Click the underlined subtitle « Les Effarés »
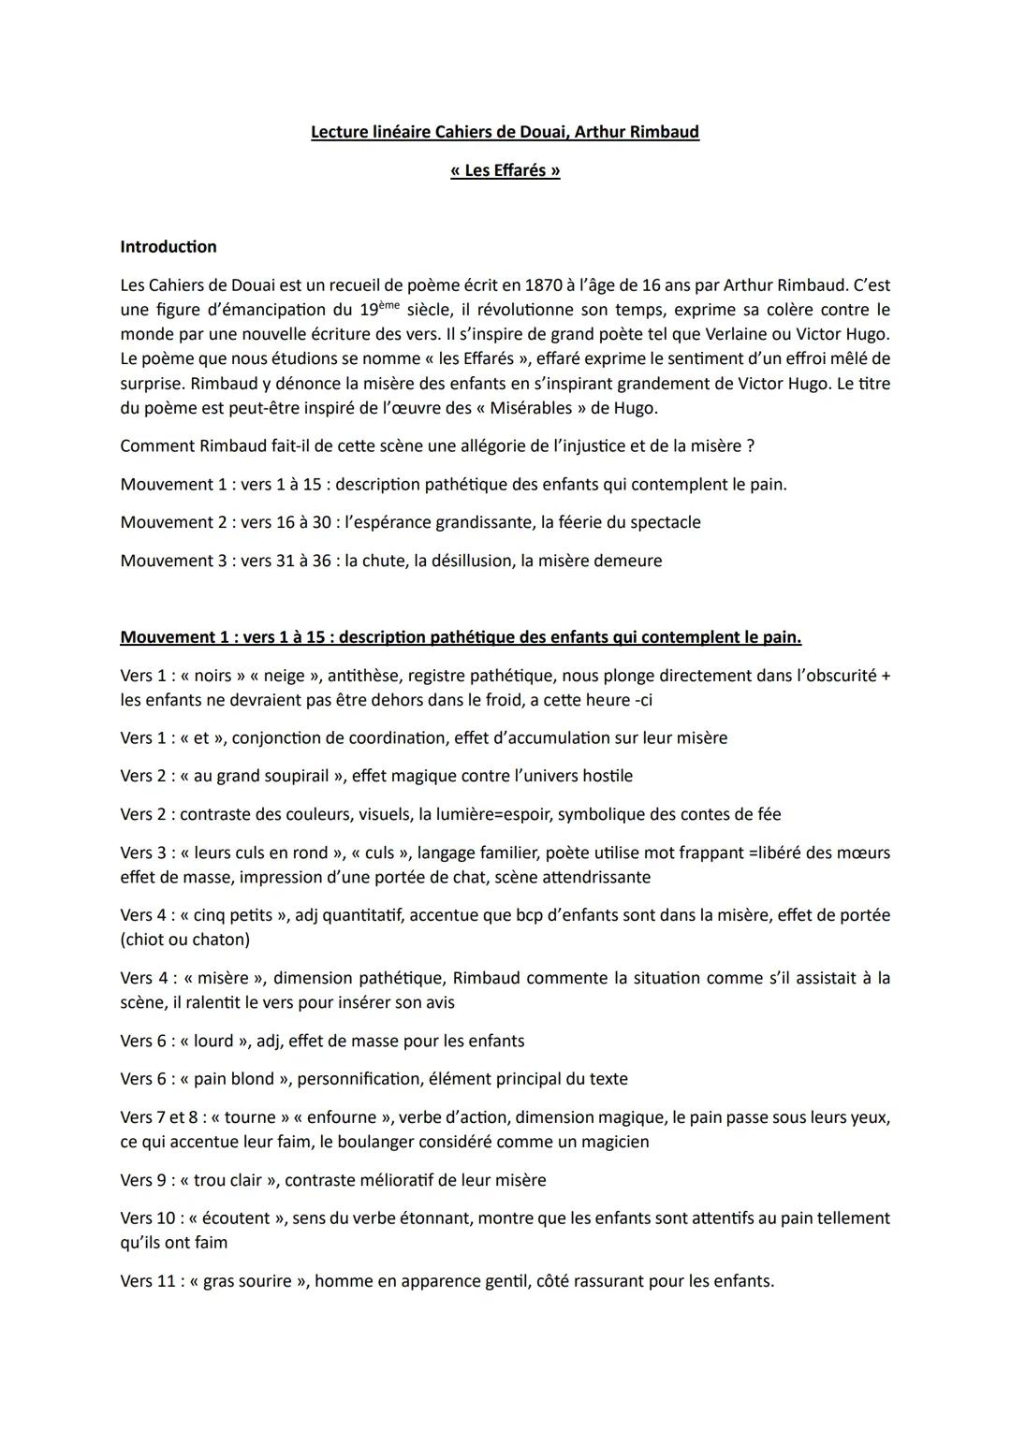[x=505, y=170]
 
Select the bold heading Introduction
[x=168, y=247]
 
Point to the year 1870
[x=544, y=284]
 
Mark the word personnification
[x=357, y=1079]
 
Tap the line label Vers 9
[x=144, y=1180]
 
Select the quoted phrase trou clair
[x=228, y=1180]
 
